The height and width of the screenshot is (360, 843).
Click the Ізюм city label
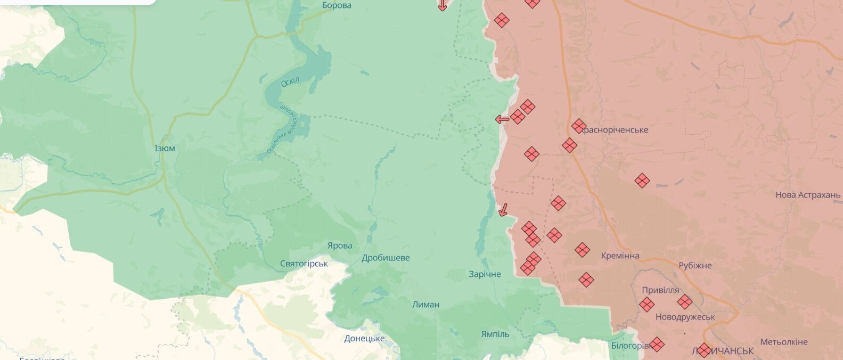[x=165, y=148]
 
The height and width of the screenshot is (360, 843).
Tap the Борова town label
[x=337, y=5]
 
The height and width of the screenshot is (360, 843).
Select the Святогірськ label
[x=304, y=264]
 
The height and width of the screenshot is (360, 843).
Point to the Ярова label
[x=340, y=246]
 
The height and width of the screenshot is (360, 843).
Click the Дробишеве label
[x=386, y=258]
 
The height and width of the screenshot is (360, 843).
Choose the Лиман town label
[x=425, y=305]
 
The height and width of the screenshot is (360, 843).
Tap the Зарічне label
[x=485, y=274]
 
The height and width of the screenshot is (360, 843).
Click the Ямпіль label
[x=495, y=334]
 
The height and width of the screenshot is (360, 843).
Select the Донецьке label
[x=364, y=339]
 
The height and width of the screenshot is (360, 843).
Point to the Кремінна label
[x=620, y=256]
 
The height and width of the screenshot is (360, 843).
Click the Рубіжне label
[x=695, y=266]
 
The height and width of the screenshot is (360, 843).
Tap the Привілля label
[x=660, y=290]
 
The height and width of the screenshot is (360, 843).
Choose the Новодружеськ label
[x=685, y=317]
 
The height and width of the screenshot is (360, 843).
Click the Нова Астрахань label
[x=807, y=195]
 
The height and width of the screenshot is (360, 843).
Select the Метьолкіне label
[x=784, y=342]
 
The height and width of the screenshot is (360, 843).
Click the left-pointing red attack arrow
[x=502, y=119]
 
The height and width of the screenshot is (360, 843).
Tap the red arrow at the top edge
[x=442, y=6]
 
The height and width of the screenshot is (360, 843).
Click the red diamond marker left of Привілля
[x=646, y=305]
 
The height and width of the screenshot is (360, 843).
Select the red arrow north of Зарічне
[x=502, y=210]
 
